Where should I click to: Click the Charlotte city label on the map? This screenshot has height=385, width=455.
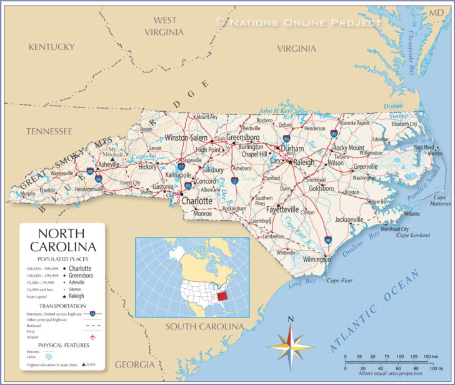(x=197, y=201)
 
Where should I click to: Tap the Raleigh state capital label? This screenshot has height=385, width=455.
(x=304, y=162)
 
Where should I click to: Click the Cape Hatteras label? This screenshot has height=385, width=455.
(x=439, y=201)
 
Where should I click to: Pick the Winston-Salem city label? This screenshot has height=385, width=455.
(x=186, y=137)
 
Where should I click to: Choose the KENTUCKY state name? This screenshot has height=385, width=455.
(x=51, y=47)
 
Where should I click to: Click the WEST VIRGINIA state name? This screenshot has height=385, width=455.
(x=164, y=26)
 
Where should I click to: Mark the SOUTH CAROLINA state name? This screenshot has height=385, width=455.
(x=204, y=327)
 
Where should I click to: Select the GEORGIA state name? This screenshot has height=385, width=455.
(x=134, y=364)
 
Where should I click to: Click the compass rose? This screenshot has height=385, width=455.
(x=290, y=346)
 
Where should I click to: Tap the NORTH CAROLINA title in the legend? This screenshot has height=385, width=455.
(x=62, y=241)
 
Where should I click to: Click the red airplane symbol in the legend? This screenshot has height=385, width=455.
(x=92, y=337)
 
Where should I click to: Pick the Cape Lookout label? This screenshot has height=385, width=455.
(x=413, y=235)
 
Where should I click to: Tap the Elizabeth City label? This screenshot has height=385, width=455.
(x=404, y=124)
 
